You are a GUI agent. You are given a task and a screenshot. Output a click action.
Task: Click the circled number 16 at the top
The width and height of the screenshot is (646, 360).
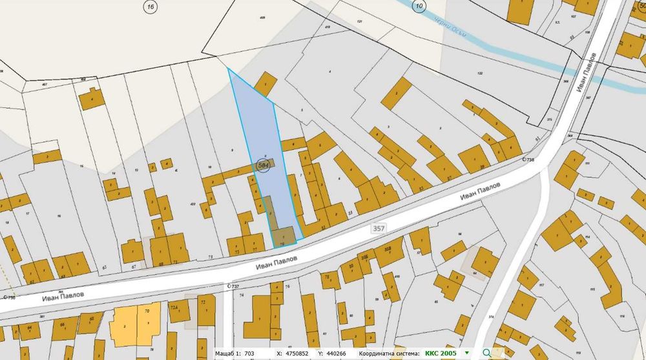pyautogui.click(x=151, y=6)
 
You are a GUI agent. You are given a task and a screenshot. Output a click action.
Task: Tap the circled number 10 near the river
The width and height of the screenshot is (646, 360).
pyautogui.click(x=420, y=6)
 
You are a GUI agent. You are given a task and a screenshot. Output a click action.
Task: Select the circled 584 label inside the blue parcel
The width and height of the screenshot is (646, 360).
pyautogui.click(x=263, y=166)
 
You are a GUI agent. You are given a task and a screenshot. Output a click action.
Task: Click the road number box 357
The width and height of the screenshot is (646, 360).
pyautogui.click(x=379, y=229)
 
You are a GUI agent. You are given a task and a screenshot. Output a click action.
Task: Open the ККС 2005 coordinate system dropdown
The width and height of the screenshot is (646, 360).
pyautogui.click(x=466, y=354)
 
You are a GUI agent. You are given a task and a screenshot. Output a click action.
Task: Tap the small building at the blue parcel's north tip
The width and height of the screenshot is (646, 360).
pyautogui.click(x=265, y=84)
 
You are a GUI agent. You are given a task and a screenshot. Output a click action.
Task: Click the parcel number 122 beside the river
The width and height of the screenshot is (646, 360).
pyautogui.click(x=480, y=74)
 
